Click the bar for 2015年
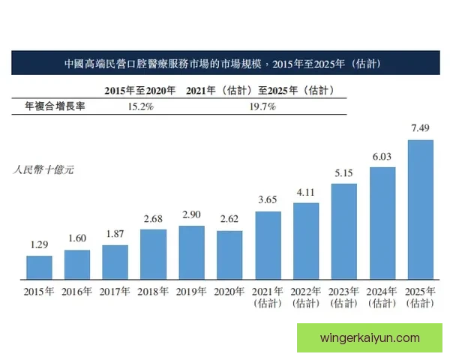click(39, 267)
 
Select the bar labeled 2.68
click(153, 253)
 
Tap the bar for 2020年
click(229, 254)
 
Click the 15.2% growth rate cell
click(139, 106)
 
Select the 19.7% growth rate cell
click(260, 106)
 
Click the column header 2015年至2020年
click(139, 90)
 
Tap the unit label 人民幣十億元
click(44, 169)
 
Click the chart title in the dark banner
click(224, 64)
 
